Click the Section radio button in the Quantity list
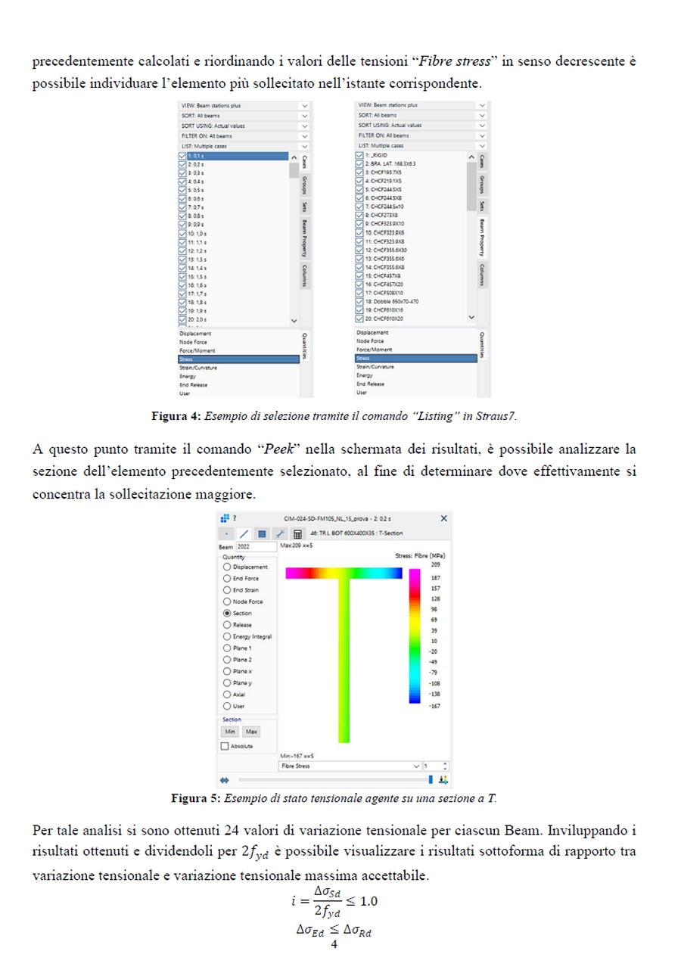coord(227,613)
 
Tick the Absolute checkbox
coord(225,746)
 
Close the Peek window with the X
coord(444,518)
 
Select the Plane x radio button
coord(227,671)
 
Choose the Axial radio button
coord(227,695)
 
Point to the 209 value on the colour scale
coord(435,564)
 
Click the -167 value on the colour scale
coord(434,707)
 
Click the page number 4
coord(334,943)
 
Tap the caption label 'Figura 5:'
coord(195,797)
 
